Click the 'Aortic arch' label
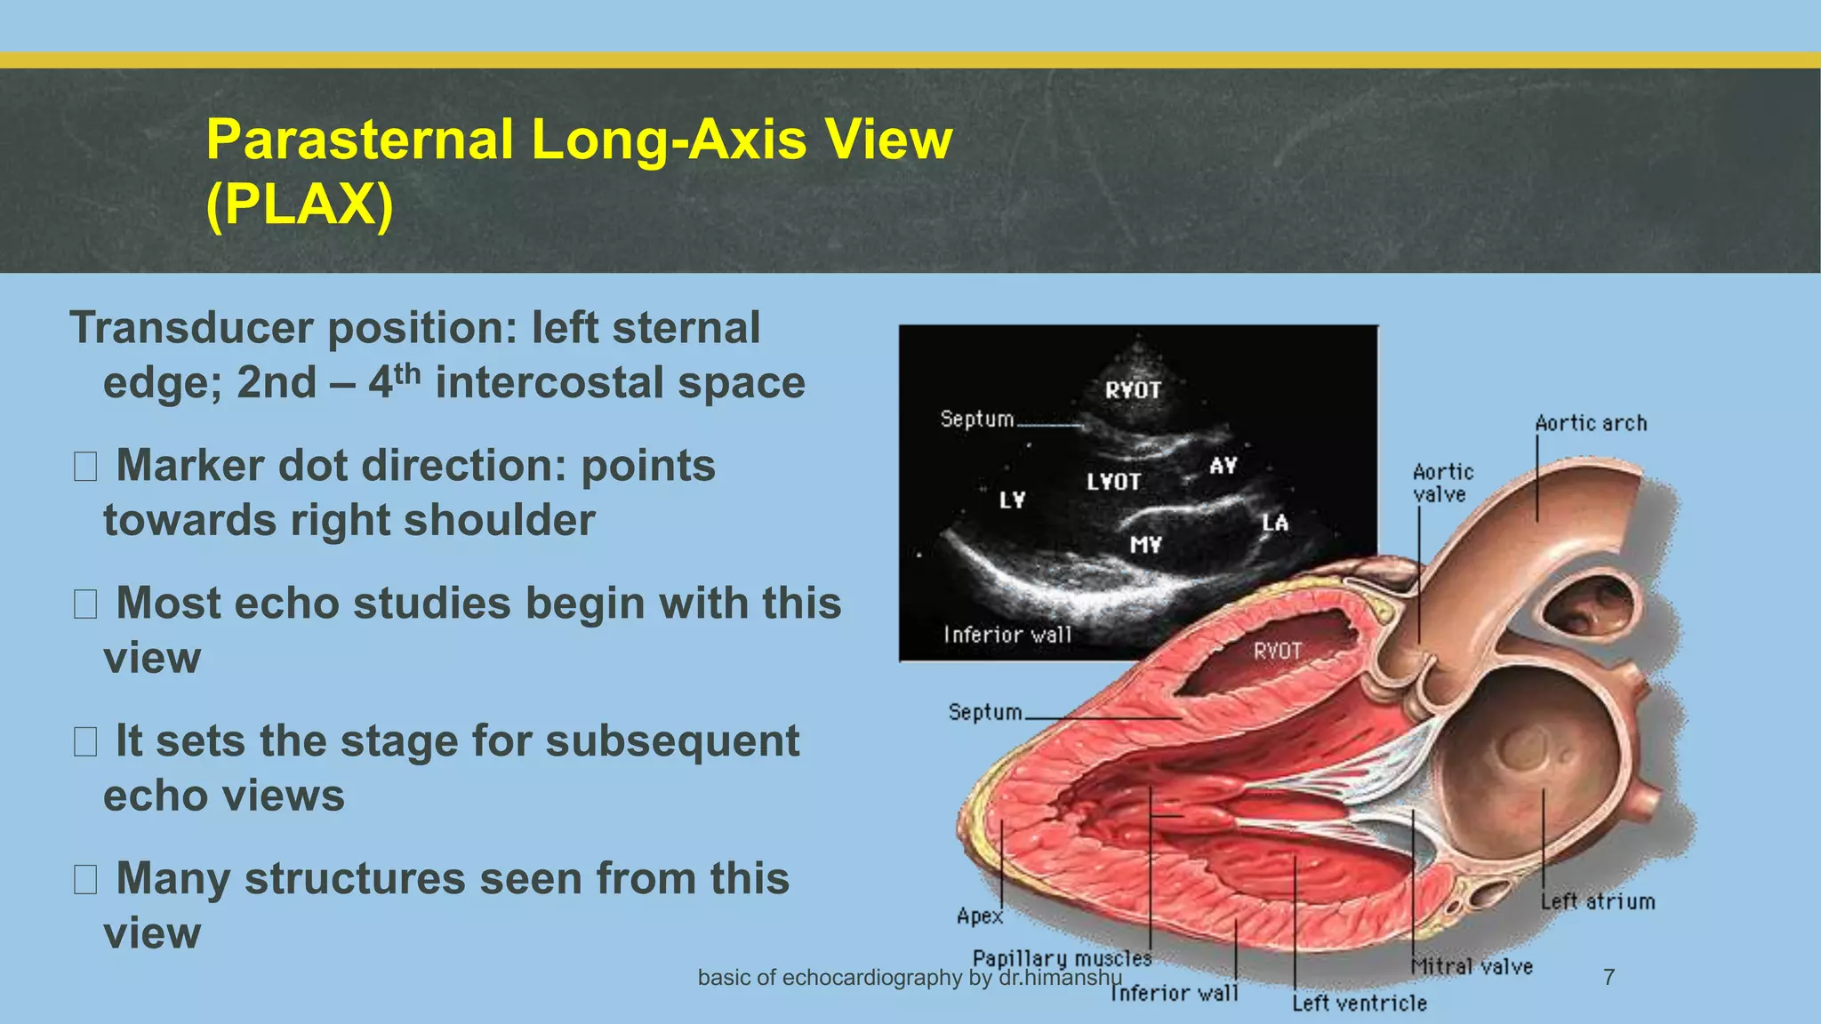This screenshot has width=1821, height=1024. (1591, 424)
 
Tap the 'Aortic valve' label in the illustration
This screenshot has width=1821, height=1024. (1442, 483)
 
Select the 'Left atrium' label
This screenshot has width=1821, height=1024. (1598, 901)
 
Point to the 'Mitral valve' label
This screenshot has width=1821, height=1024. (1472, 966)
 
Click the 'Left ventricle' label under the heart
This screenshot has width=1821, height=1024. (1359, 1004)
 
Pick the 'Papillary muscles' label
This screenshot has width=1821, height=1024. (1062, 958)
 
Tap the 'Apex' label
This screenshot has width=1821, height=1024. (979, 916)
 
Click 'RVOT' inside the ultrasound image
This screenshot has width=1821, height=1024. (1133, 390)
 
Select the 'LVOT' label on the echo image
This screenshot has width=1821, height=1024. (1113, 482)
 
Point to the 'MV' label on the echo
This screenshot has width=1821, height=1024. (1145, 544)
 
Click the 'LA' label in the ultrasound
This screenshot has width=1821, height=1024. (1275, 523)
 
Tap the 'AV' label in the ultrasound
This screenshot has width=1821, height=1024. (1223, 465)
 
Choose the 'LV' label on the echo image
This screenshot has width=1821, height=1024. (1012, 500)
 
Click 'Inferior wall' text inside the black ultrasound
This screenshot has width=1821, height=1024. (1007, 635)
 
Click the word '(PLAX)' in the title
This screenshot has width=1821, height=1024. (299, 205)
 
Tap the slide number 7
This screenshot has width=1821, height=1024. (1608, 977)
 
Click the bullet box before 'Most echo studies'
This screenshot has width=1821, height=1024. (85, 604)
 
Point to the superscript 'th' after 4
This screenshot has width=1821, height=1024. (406, 373)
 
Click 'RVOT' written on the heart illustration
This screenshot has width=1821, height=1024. (1277, 652)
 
